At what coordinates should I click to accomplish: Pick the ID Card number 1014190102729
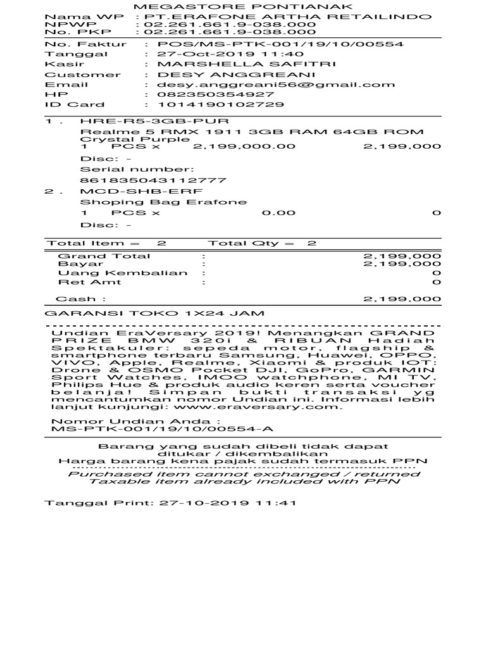pyautogui.click(x=221, y=105)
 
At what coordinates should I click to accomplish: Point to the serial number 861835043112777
pyautogui.click(x=154, y=180)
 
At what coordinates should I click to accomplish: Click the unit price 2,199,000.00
pyautogui.click(x=244, y=147)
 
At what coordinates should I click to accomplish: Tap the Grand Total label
pyautogui.click(x=104, y=256)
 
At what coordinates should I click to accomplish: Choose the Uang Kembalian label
pyautogui.click(x=123, y=273)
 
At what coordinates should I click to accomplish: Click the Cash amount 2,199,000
pyautogui.click(x=402, y=299)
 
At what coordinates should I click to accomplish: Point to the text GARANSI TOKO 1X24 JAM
pyautogui.click(x=155, y=314)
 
